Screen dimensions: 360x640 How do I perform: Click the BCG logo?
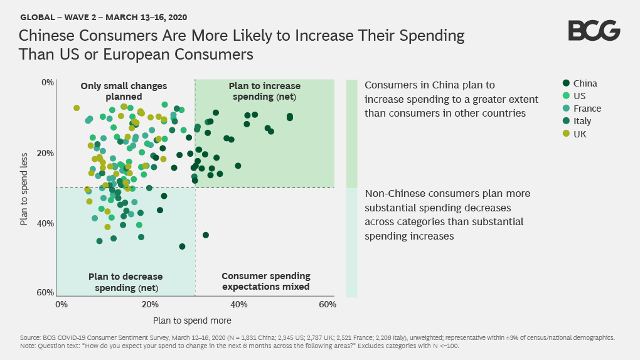pos(594,31)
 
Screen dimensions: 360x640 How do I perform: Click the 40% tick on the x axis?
pos(238,304)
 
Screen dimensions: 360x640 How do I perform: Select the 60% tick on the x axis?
pos(327,304)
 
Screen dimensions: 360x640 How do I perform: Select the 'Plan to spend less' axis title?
pos(24,188)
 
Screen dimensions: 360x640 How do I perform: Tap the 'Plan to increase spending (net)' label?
pos(264,91)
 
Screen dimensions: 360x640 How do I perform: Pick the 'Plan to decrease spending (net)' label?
pos(125,282)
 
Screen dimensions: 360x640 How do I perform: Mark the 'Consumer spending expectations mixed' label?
pos(266,282)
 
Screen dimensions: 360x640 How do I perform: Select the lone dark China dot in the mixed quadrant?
pos(206,235)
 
